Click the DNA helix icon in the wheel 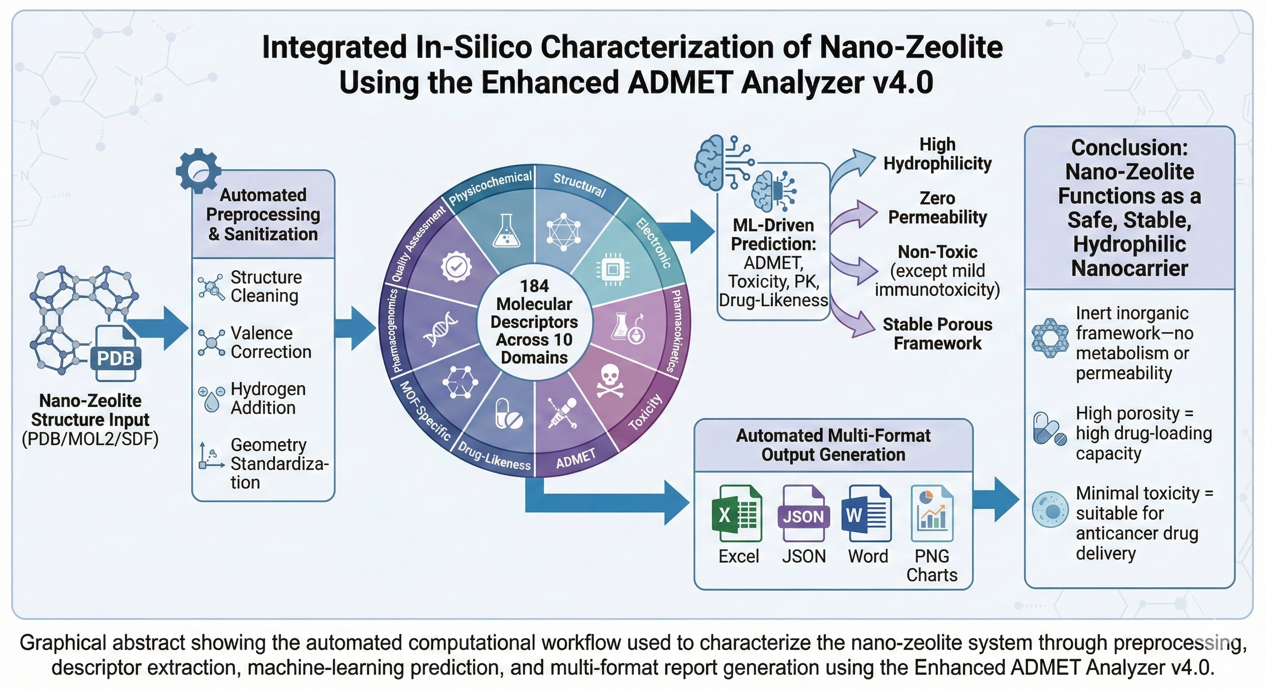point(441,328)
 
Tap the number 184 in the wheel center point(534,286)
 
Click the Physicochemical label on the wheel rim point(490,188)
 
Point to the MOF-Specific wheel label point(425,411)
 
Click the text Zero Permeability point(938,208)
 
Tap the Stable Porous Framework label point(938,333)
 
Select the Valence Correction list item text point(271,342)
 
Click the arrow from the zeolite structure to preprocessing point(158,328)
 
